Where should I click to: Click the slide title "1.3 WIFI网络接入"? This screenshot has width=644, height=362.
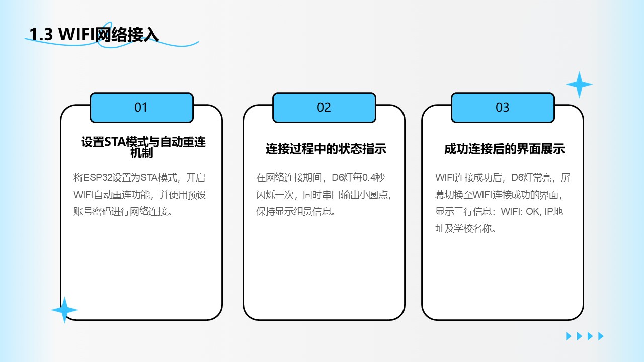pos(94,35)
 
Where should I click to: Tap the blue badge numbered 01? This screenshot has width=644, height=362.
pos(141,108)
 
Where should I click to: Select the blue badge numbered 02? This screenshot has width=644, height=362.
pos(324,108)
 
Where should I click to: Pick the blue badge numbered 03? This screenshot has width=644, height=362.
pos(503,108)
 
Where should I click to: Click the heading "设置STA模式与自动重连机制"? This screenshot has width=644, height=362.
pos(143,147)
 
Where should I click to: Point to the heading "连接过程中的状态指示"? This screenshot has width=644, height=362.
pos(326,149)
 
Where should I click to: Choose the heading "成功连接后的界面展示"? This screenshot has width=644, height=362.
pos(504,149)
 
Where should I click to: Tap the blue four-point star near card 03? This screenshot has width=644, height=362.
pos(579,85)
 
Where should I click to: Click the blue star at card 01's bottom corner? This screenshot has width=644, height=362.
pos(65,310)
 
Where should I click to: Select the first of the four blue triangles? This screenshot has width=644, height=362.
pos(569,336)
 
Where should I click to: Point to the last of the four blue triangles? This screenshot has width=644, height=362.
pos(601,336)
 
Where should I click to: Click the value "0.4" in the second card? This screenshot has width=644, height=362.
pos(369,178)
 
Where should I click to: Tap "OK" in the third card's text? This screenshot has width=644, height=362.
pos(533,212)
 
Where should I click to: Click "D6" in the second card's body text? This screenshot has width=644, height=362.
pos(338,178)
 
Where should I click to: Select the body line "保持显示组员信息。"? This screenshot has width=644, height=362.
pos(296,212)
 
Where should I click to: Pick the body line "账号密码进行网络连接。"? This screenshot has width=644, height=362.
pos(123,212)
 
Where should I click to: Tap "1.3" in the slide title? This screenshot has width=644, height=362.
pos(41,35)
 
